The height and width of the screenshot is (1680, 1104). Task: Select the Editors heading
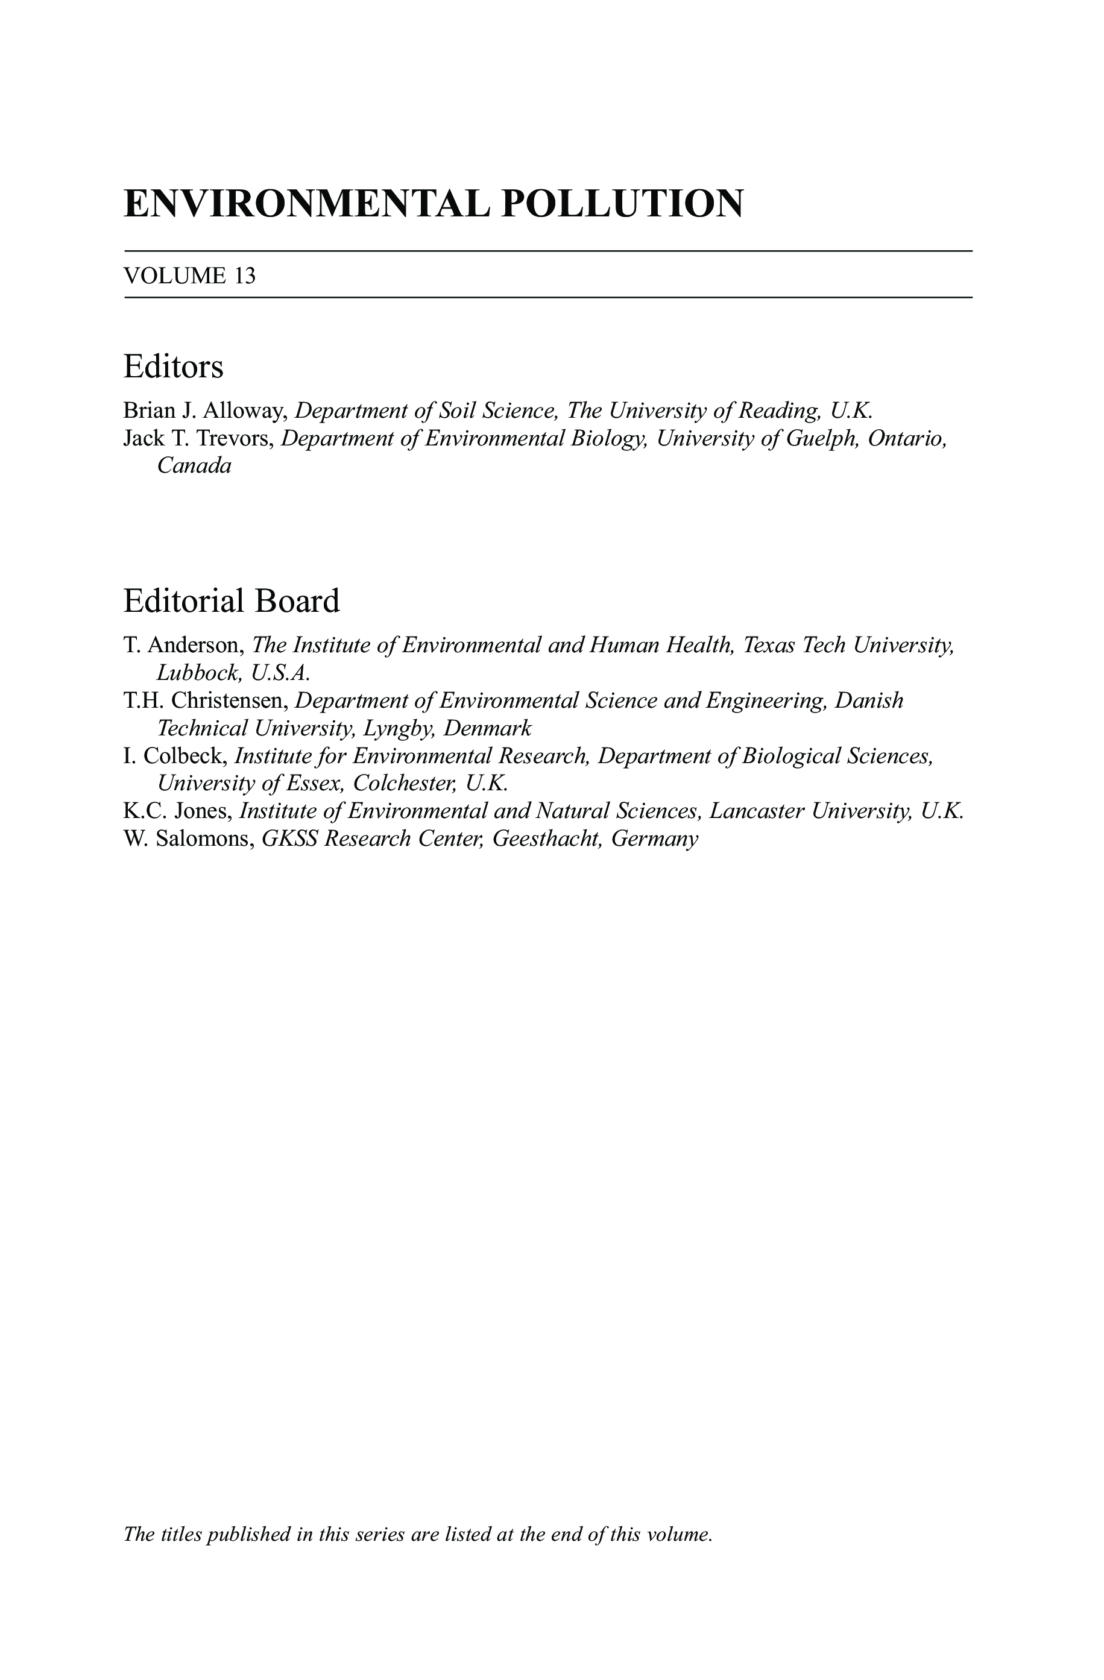click(173, 367)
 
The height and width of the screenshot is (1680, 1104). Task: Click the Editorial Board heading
click(232, 601)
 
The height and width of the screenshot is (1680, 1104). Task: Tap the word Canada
click(194, 466)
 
